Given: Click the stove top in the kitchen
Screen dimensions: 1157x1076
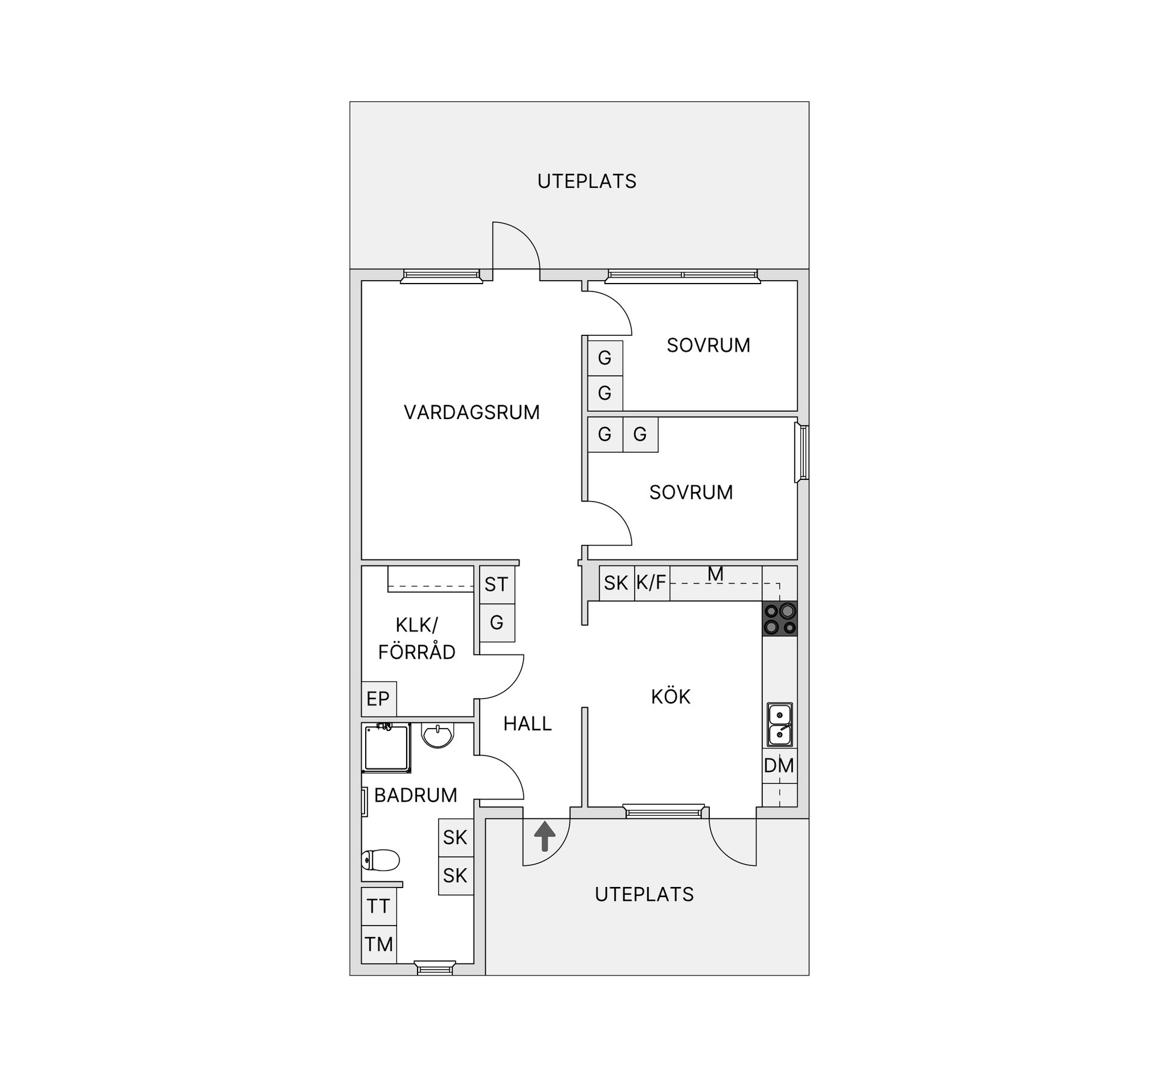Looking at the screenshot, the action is [x=780, y=618].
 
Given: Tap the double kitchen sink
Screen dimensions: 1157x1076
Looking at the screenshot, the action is [x=780, y=724].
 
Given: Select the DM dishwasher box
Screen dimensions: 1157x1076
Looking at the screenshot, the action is [x=780, y=765].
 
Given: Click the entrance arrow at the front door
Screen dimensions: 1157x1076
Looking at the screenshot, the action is [x=545, y=836].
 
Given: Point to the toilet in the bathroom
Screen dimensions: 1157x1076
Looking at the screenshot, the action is [x=380, y=860].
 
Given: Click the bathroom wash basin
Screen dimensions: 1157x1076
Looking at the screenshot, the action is [x=437, y=735].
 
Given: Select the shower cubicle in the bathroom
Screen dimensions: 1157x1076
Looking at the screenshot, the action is [x=386, y=748].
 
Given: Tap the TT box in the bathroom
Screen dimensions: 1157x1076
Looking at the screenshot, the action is [x=378, y=906].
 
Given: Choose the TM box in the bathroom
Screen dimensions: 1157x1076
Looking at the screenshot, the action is [x=378, y=944].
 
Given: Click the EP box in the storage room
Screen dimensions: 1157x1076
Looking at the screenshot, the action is [x=378, y=698].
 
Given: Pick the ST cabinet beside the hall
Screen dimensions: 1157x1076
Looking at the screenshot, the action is [x=497, y=585].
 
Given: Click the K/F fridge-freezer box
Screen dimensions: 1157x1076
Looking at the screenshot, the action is [x=651, y=583].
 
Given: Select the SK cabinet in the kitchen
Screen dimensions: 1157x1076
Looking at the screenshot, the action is [x=616, y=583].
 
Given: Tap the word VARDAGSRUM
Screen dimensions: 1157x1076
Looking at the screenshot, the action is [x=472, y=412].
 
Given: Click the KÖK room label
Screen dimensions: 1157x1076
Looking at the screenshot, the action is [x=671, y=696].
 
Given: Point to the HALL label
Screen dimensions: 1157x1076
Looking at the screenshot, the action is [x=528, y=724].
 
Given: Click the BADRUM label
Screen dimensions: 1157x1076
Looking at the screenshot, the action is [x=416, y=795].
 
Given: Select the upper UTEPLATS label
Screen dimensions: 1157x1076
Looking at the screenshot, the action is [x=587, y=181].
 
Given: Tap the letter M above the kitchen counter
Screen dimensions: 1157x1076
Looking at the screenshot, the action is [x=715, y=574].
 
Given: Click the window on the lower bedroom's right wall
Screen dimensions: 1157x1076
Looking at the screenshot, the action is [x=802, y=453].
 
